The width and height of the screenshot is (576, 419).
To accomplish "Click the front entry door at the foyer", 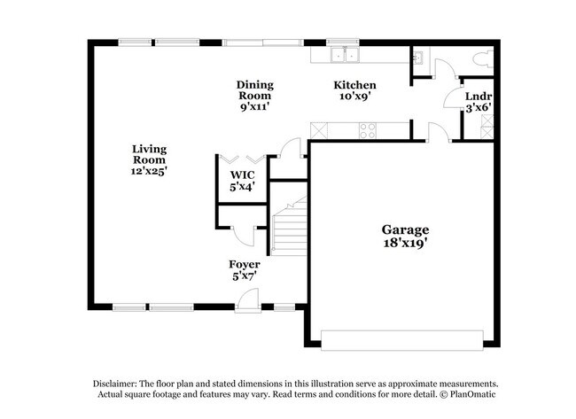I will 248,303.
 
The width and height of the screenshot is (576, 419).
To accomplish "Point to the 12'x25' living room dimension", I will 149,171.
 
